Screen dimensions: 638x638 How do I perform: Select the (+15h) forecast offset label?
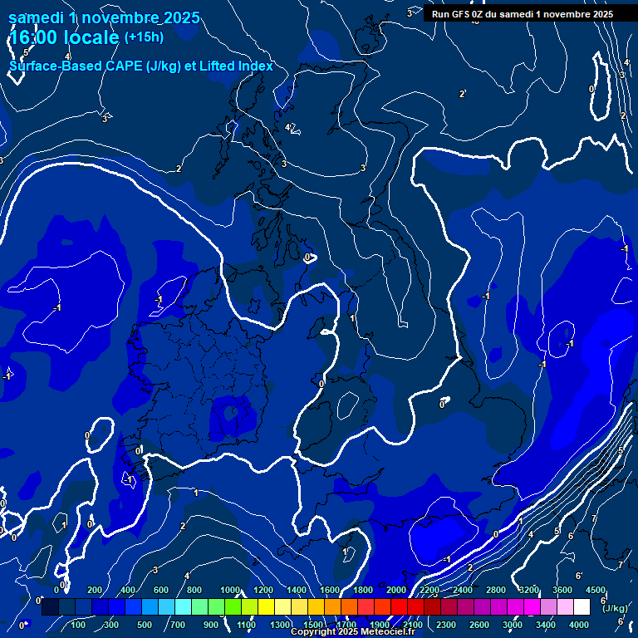click(144, 37)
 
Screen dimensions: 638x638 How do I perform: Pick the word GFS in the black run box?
click(462, 14)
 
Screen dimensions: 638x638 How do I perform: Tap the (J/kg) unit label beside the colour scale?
click(616, 609)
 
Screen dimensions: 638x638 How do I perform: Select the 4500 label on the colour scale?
click(595, 590)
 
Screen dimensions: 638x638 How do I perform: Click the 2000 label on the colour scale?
click(396, 590)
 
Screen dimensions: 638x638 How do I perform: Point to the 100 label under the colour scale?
click(78, 625)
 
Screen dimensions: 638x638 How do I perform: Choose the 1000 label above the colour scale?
click(230, 590)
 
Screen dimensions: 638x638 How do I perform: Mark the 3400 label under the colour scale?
click(546, 625)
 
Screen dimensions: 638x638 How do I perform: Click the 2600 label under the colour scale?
click(479, 625)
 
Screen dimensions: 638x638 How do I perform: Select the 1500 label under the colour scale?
click(313, 625)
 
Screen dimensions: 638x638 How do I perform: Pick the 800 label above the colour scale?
click(194, 590)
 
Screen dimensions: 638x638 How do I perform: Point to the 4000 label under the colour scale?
click(579, 625)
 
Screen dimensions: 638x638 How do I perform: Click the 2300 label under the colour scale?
click(446, 625)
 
